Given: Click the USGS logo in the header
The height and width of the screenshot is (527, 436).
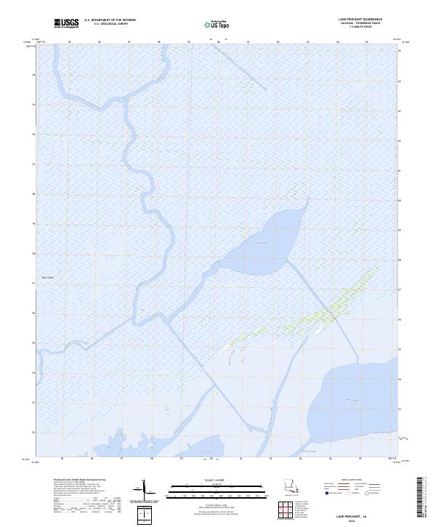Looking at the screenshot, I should tap(67, 23).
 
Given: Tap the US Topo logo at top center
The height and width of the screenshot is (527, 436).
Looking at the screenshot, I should tap(218, 24).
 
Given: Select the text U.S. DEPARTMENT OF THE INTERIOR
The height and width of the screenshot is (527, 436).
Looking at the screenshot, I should tap(110, 20).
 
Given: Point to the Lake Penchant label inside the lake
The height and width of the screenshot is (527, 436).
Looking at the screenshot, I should tap(259, 242).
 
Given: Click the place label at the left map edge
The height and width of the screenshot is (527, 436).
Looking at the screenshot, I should tap(49, 277).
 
